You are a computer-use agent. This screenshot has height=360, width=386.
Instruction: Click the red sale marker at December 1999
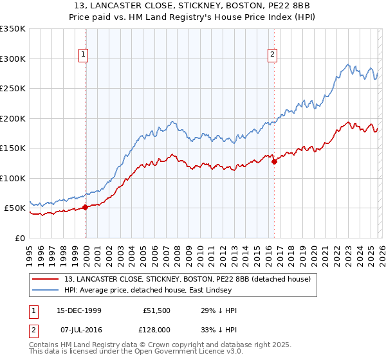(x=85, y=207)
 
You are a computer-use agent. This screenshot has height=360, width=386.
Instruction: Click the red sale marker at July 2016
(x=275, y=161)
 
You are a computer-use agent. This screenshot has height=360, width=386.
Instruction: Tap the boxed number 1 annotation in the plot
(x=85, y=55)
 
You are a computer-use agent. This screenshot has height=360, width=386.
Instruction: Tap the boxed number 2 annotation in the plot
(x=273, y=55)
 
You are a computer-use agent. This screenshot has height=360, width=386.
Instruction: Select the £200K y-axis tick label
(x=13, y=118)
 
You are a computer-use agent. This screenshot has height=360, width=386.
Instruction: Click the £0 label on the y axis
(x=19, y=238)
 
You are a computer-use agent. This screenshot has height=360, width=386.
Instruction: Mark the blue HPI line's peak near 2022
(x=348, y=64)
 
